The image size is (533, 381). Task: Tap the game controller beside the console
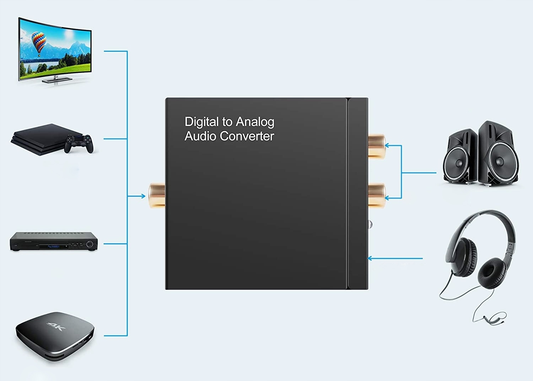(x=79, y=143)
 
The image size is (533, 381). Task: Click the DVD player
(x=53, y=242)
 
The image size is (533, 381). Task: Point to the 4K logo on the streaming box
(x=56, y=326)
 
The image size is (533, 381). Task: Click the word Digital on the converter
(x=201, y=122)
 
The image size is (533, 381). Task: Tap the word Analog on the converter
(x=255, y=122)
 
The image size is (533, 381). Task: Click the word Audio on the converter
(x=200, y=136)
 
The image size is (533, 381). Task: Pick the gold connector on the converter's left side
(x=156, y=195)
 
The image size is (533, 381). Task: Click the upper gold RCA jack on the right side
(x=376, y=145)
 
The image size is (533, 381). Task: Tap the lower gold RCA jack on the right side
(x=376, y=195)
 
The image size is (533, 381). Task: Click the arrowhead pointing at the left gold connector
(x=143, y=196)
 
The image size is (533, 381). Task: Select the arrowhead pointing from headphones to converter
(x=370, y=258)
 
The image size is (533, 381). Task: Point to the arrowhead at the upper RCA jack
(x=387, y=145)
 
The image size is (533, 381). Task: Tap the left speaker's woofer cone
(x=458, y=163)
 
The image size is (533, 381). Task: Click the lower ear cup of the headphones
(x=492, y=273)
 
